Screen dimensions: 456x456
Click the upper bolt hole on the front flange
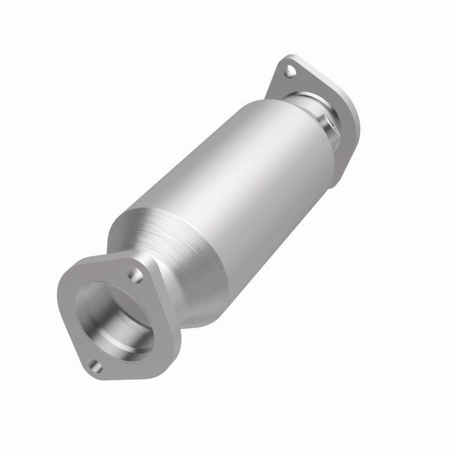(134, 274)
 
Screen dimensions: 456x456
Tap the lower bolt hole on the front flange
(95, 365)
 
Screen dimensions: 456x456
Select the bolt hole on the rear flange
(289, 71)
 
